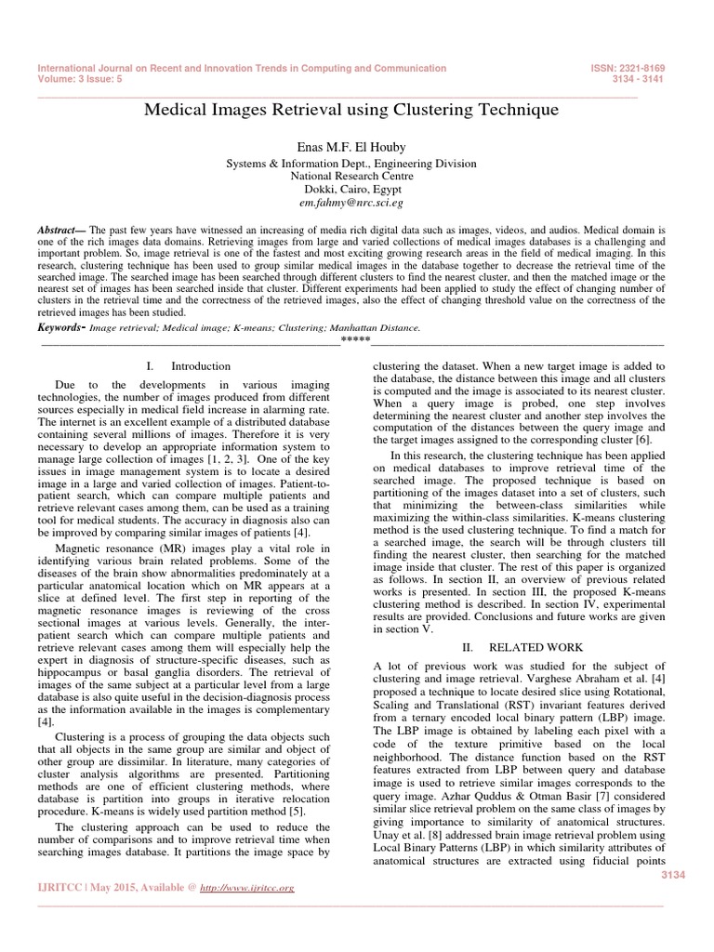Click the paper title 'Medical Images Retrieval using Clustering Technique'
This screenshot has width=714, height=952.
click(x=351, y=111)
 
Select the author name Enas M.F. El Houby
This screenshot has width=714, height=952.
click(x=351, y=146)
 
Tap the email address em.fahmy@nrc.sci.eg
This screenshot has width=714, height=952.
click(x=351, y=201)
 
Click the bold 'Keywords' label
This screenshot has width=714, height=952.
click(x=60, y=328)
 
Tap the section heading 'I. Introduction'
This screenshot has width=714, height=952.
click(x=189, y=366)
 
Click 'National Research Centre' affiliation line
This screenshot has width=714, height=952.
click(x=351, y=175)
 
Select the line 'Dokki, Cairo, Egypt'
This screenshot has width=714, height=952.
click(x=351, y=188)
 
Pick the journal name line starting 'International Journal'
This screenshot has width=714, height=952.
click(x=242, y=69)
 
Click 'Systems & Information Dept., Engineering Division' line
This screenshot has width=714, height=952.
click(x=351, y=163)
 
